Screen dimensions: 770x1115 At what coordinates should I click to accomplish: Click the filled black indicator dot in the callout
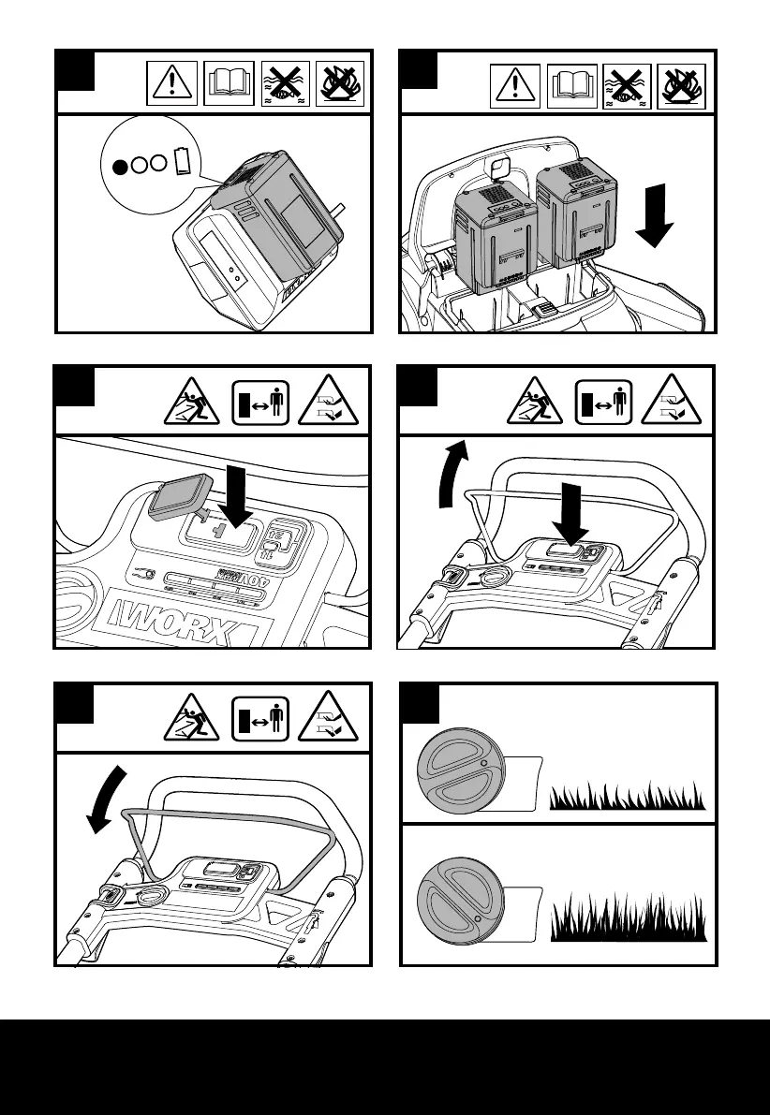tap(120, 168)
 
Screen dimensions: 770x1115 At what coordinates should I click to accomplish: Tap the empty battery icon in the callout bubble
tap(183, 160)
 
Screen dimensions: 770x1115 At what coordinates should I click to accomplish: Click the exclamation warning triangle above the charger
tap(172, 85)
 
